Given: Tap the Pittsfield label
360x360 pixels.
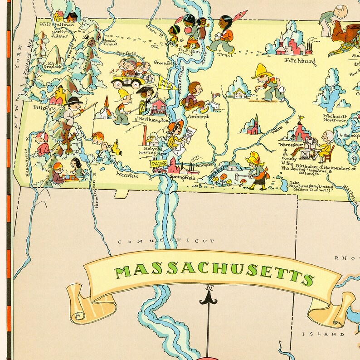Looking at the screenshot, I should (45, 108).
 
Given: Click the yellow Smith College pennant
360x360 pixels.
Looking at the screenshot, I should (167, 83).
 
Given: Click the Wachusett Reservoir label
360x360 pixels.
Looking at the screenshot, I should (336, 118).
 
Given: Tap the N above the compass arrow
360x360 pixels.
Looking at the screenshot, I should (209, 287).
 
